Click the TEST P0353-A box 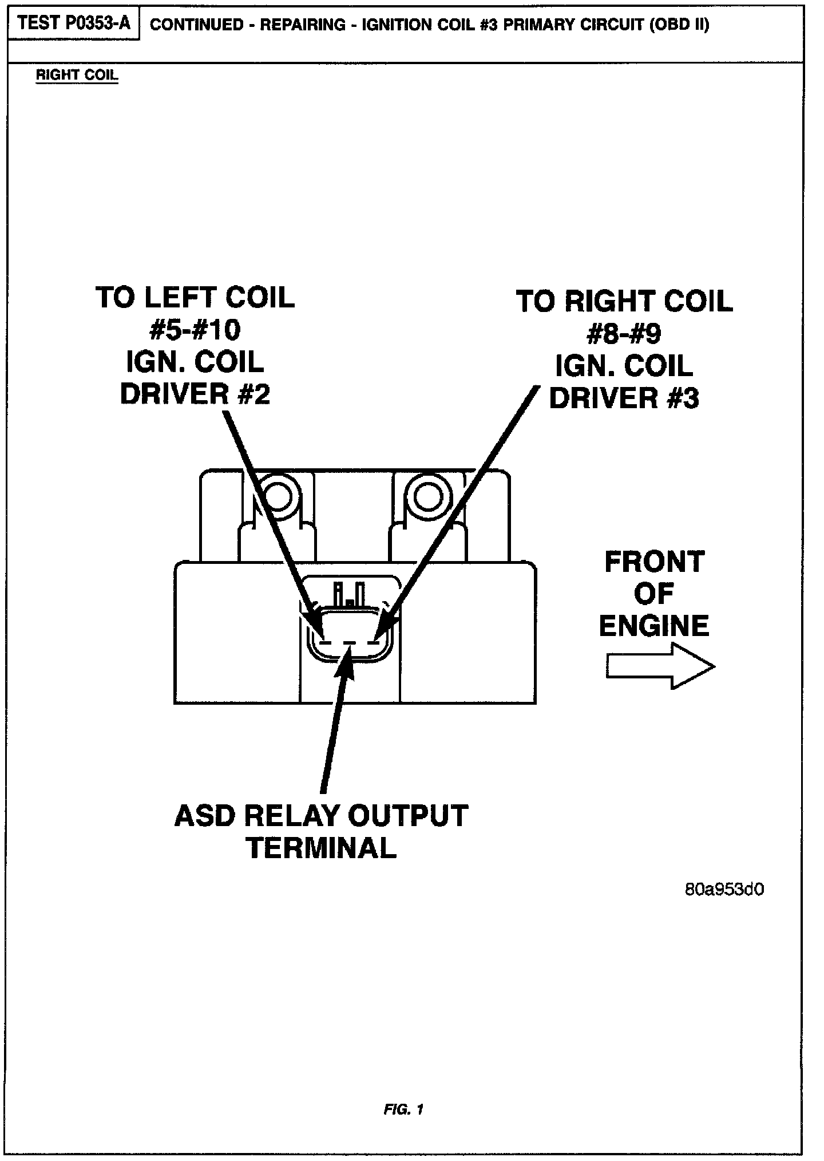(74, 23)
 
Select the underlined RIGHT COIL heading (77, 75)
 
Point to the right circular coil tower (426, 496)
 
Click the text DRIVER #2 (195, 394)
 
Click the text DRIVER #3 (624, 398)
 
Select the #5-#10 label (195, 330)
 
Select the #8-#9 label (624, 334)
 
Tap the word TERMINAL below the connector (322, 848)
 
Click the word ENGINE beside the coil (654, 625)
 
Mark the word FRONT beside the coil (654, 562)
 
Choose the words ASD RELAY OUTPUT (322, 816)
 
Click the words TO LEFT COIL (195, 298)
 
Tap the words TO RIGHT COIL (624, 302)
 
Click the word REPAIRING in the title (303, 26)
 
